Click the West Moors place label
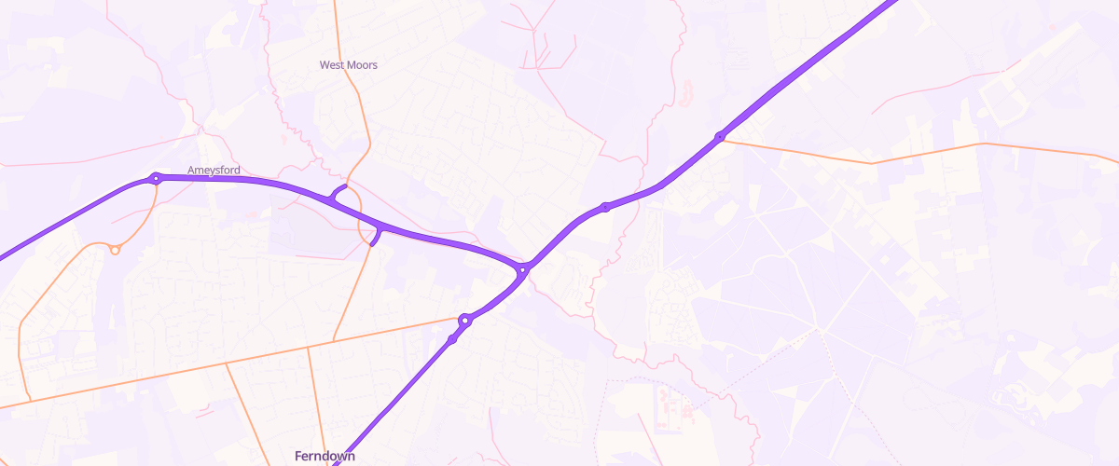pyautogui.click(x=348, y=65)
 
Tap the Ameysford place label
pyautogui.click(x=214, y=171)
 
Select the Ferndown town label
pyautogui.click(x=324, y=456)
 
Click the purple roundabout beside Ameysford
pyautogui.click(x=157, y=178)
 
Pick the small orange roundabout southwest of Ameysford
pyautogui.click(x=115, y=250)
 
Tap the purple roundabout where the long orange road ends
pyautogui.click(x=464, y=321)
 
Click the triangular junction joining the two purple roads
pyautogui.click(x=522, y=269)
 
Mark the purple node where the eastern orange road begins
pyautogui.click(x=720, y=137)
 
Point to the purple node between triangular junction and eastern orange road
pyautogui.click(x=605, y=206)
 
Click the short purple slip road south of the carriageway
pyautogui.click(x=376, y=237)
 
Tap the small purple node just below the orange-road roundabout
pyautogui.click(x=453, y=339)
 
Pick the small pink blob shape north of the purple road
pyautogui.click(x=688, y=91)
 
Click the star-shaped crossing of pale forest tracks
pyautogui.click(x=819, y=328)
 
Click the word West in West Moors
pyautogui.click(x=332, y=65)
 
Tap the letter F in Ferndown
pyautogui.click(x=298, y=456)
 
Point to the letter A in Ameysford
pyautogui.click(x=192, y=171)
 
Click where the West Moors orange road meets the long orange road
pyautogui.click(x=334, y=340)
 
